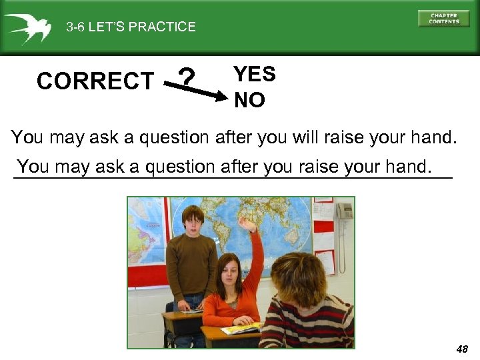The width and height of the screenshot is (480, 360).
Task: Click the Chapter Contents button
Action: point(443,18)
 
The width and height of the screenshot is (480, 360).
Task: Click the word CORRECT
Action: point(95,81)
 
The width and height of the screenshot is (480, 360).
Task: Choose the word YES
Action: point(255,74)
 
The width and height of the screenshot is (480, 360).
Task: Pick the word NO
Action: point(249,100)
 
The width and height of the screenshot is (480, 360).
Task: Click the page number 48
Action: point(462,349)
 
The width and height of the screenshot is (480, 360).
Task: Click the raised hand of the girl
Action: point(249,225)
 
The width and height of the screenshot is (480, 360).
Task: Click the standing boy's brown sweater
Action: point(191,263)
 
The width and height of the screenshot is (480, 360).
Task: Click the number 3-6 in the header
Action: point(76,27)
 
